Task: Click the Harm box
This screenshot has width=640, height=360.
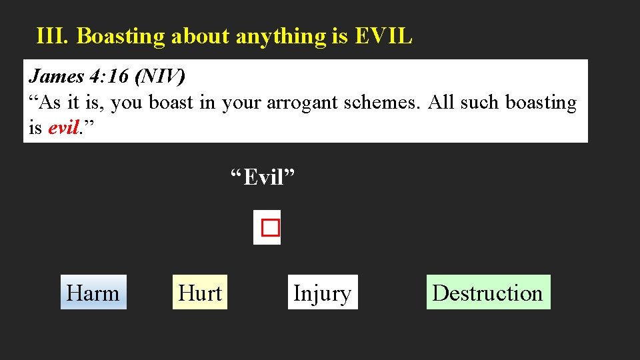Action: [93, 293]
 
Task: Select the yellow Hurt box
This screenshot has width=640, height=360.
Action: [200, 293]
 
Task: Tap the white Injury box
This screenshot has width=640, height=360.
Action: [323, 293]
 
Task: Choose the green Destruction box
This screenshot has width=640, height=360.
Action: [488, 293]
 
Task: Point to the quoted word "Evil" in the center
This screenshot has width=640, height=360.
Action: [263, 178]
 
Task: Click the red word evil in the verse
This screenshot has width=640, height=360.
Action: [64, 128]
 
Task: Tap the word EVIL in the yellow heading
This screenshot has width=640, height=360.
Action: [384, 37]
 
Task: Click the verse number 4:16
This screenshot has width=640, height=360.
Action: [109, 77]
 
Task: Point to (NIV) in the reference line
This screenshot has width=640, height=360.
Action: [159, 77]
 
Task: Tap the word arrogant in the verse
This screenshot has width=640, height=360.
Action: [299, 103]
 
